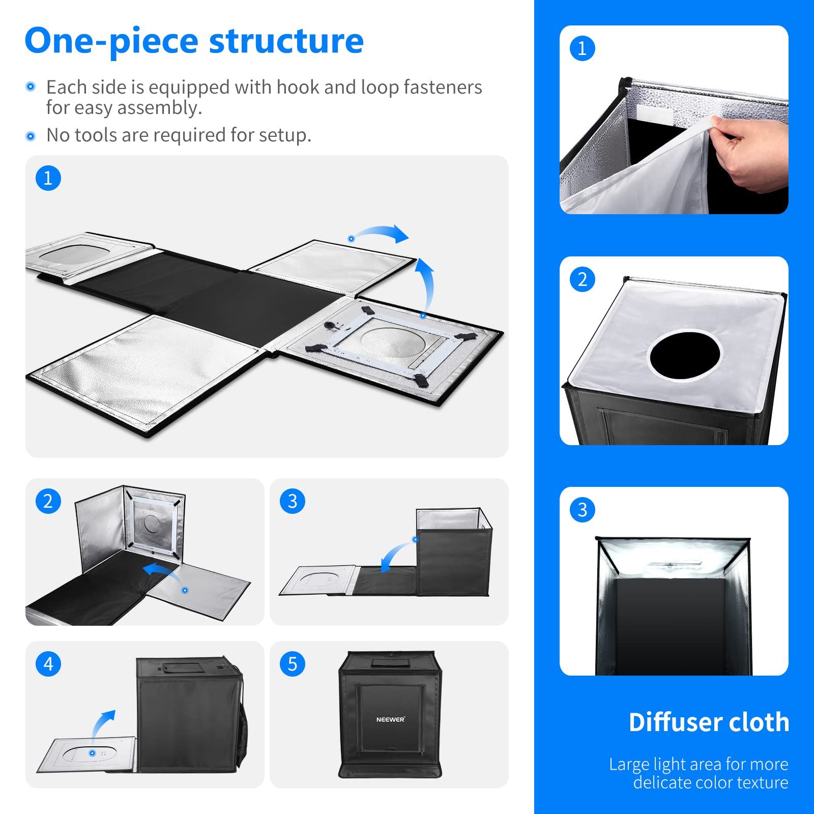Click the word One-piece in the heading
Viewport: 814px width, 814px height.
[111, 42]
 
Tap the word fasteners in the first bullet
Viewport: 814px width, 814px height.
[443, 88]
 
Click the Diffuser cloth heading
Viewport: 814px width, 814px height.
[709, 722]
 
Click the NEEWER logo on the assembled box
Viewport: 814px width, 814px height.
[390, 719]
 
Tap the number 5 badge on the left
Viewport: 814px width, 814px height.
[293, 664]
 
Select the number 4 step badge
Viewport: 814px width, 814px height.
[48, 664]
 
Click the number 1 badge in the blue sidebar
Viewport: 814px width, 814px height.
[583, 48]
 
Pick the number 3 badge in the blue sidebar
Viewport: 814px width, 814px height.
[583, 510]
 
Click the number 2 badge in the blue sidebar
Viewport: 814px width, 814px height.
[583, 279]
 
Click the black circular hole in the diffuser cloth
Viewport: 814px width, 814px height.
[685, 355]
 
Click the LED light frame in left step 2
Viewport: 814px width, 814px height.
[152, 524]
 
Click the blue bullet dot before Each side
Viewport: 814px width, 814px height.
[31, 86]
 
